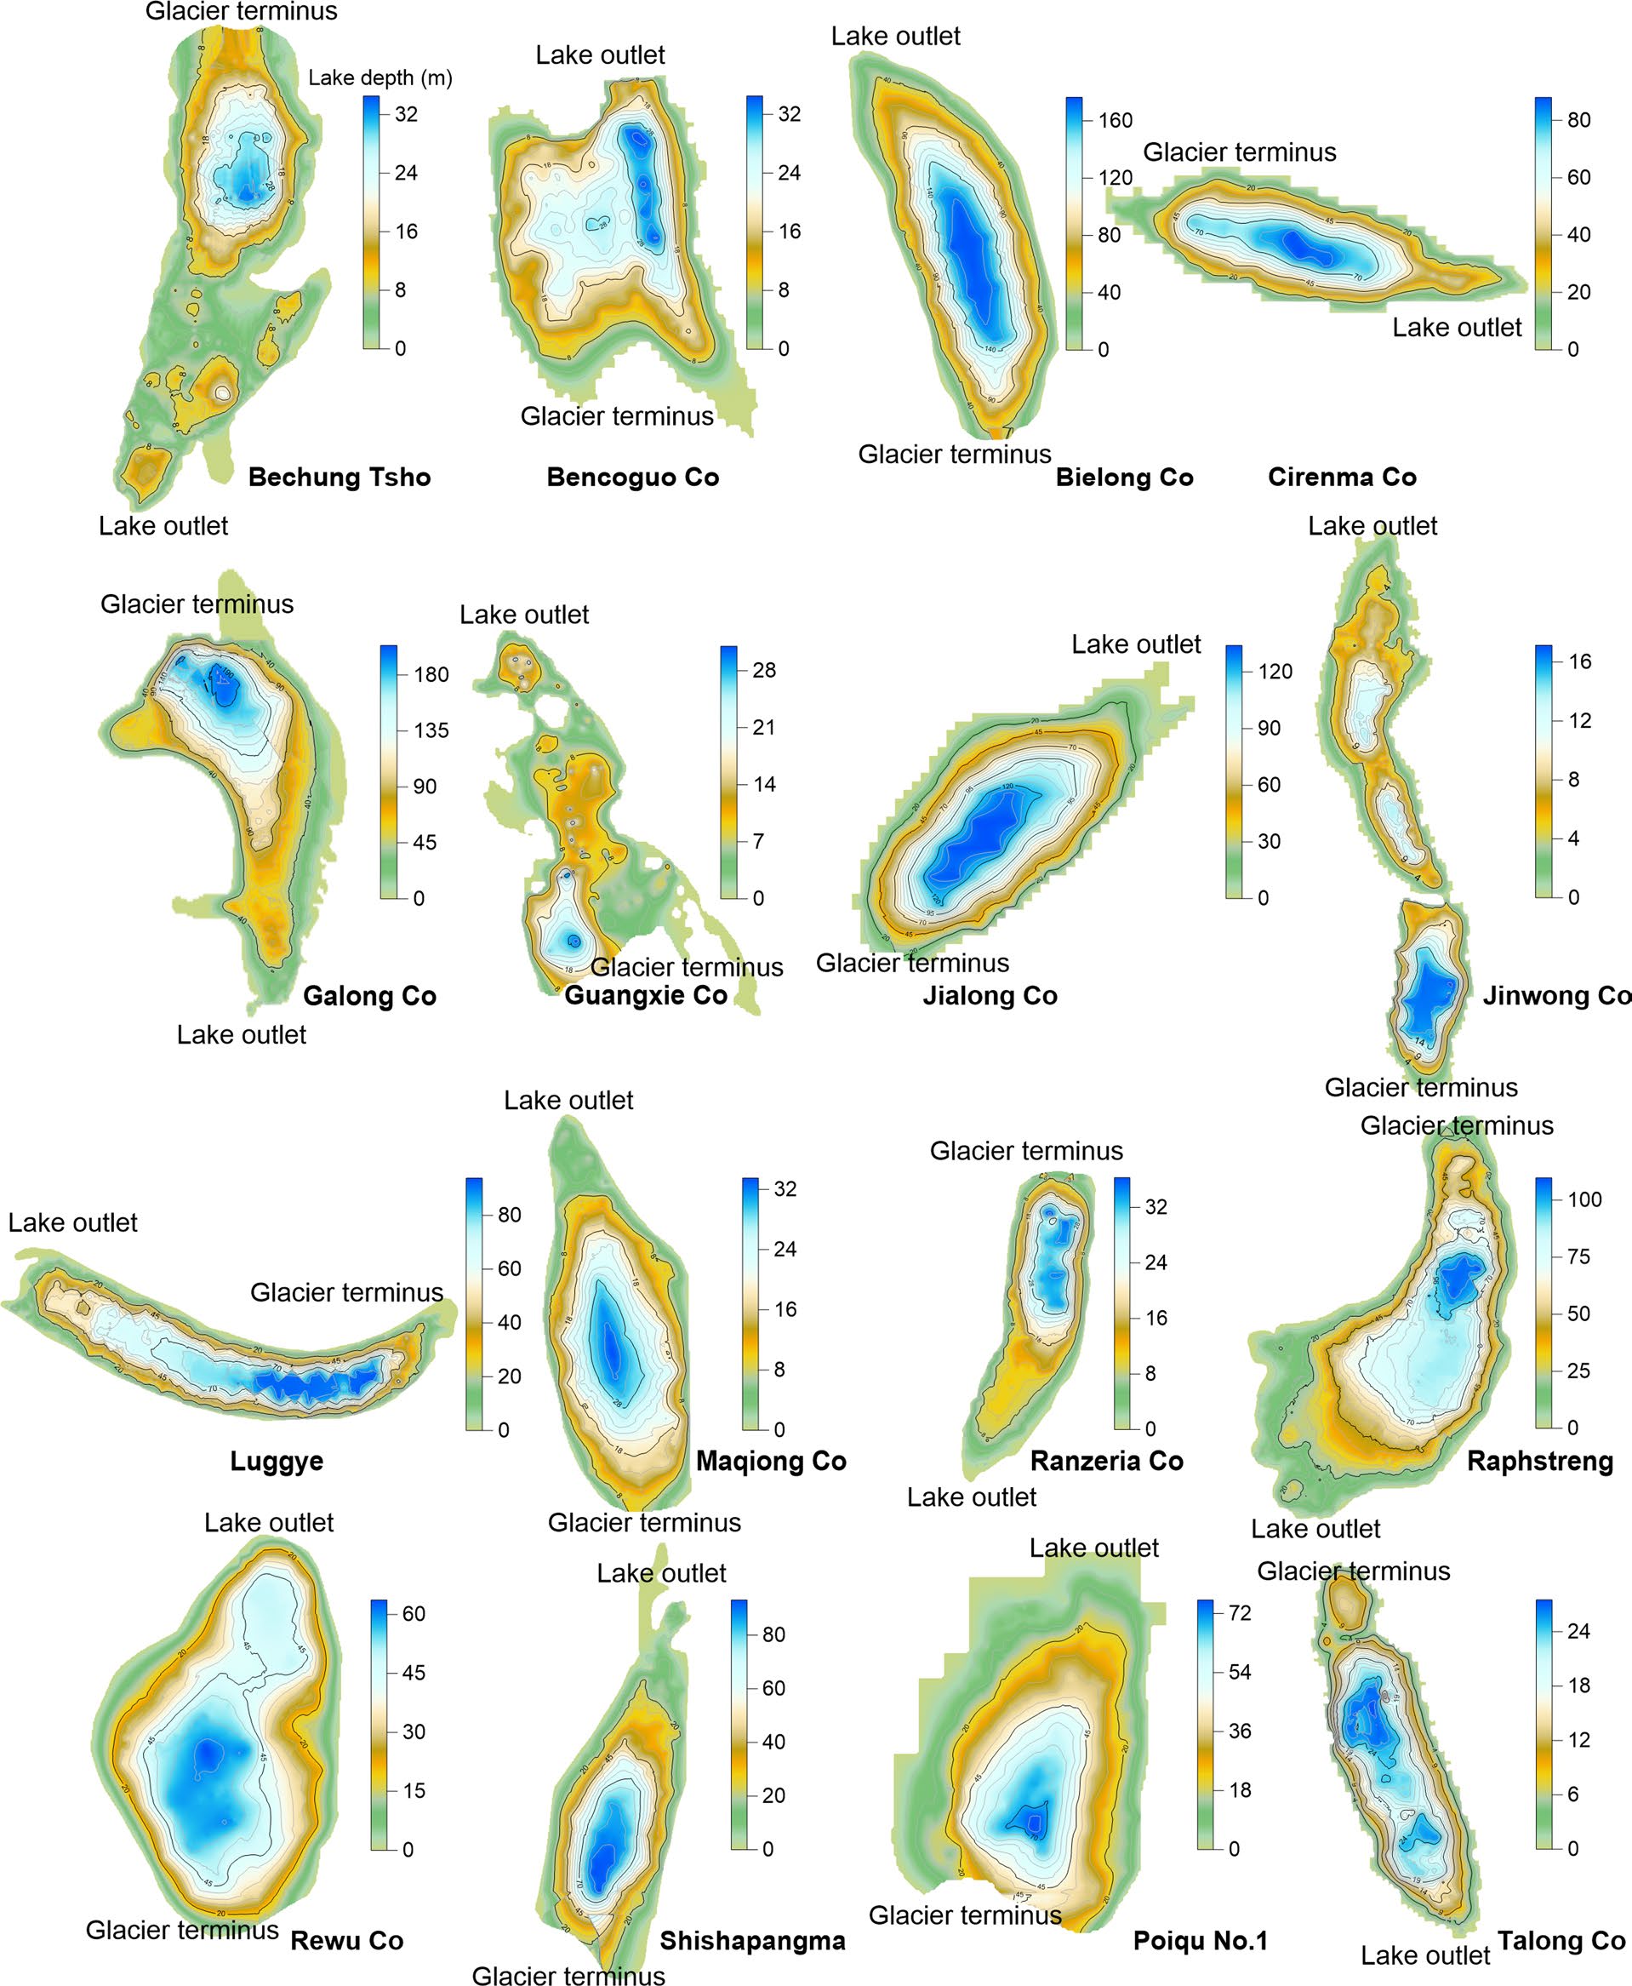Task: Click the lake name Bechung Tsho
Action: (340, 477)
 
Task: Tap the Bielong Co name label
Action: (1124, 477)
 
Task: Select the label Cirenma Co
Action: (1342, 477)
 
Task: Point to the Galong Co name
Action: (369, 996)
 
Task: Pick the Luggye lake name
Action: (277, 1461)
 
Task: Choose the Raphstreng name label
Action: (1540, 1461)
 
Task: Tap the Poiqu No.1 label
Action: (1201, 1940)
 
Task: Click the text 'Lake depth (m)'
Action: (380, 78)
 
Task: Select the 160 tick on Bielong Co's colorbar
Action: (1115, 120)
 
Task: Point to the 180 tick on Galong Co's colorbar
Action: (431, 674)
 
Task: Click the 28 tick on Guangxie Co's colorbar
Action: (764, 671)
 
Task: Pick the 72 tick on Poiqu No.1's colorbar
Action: (1240, 1612)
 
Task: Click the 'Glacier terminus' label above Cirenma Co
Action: (1239, 152)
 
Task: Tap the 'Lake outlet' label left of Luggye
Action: (73, 1222)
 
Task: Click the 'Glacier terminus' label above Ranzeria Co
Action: (1026, 1151)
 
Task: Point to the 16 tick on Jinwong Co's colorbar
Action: (1579, 661)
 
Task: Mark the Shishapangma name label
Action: (752, 1940)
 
